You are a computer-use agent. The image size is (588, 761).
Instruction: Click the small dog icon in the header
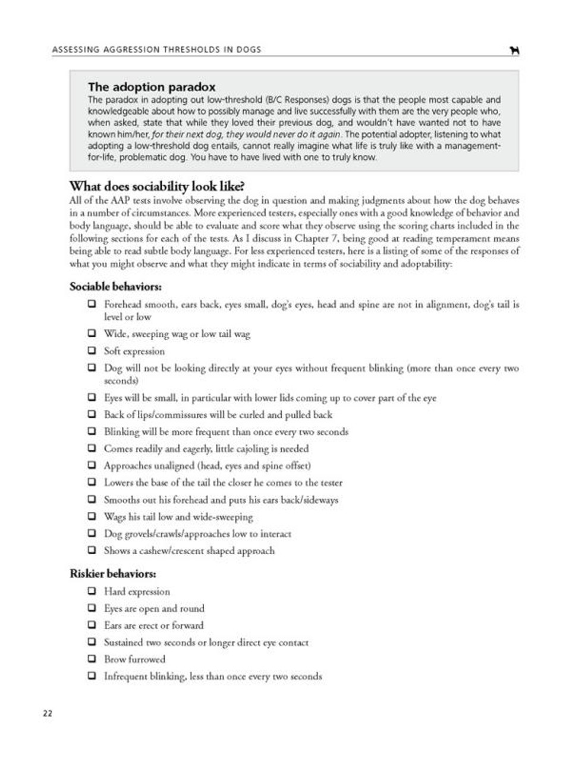[515, 51]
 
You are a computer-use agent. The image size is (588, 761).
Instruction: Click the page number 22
[48, 713]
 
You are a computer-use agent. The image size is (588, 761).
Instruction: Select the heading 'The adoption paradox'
[152, 87]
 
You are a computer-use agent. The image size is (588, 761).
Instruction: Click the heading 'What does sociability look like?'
[157, 186]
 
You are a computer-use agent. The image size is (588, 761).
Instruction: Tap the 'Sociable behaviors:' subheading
[115, 287]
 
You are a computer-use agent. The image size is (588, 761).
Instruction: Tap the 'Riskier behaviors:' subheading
[113, 574]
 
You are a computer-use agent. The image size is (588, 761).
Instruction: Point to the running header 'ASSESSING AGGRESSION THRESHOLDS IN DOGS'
[156, 49]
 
